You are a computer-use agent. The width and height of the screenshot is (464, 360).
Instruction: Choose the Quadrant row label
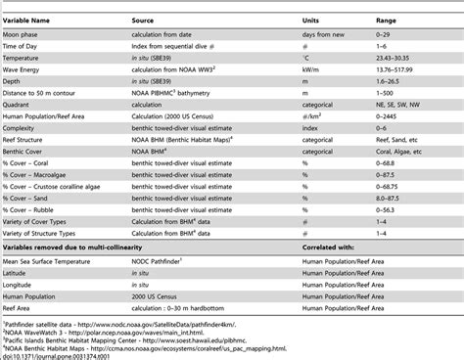tap(23, 110)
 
